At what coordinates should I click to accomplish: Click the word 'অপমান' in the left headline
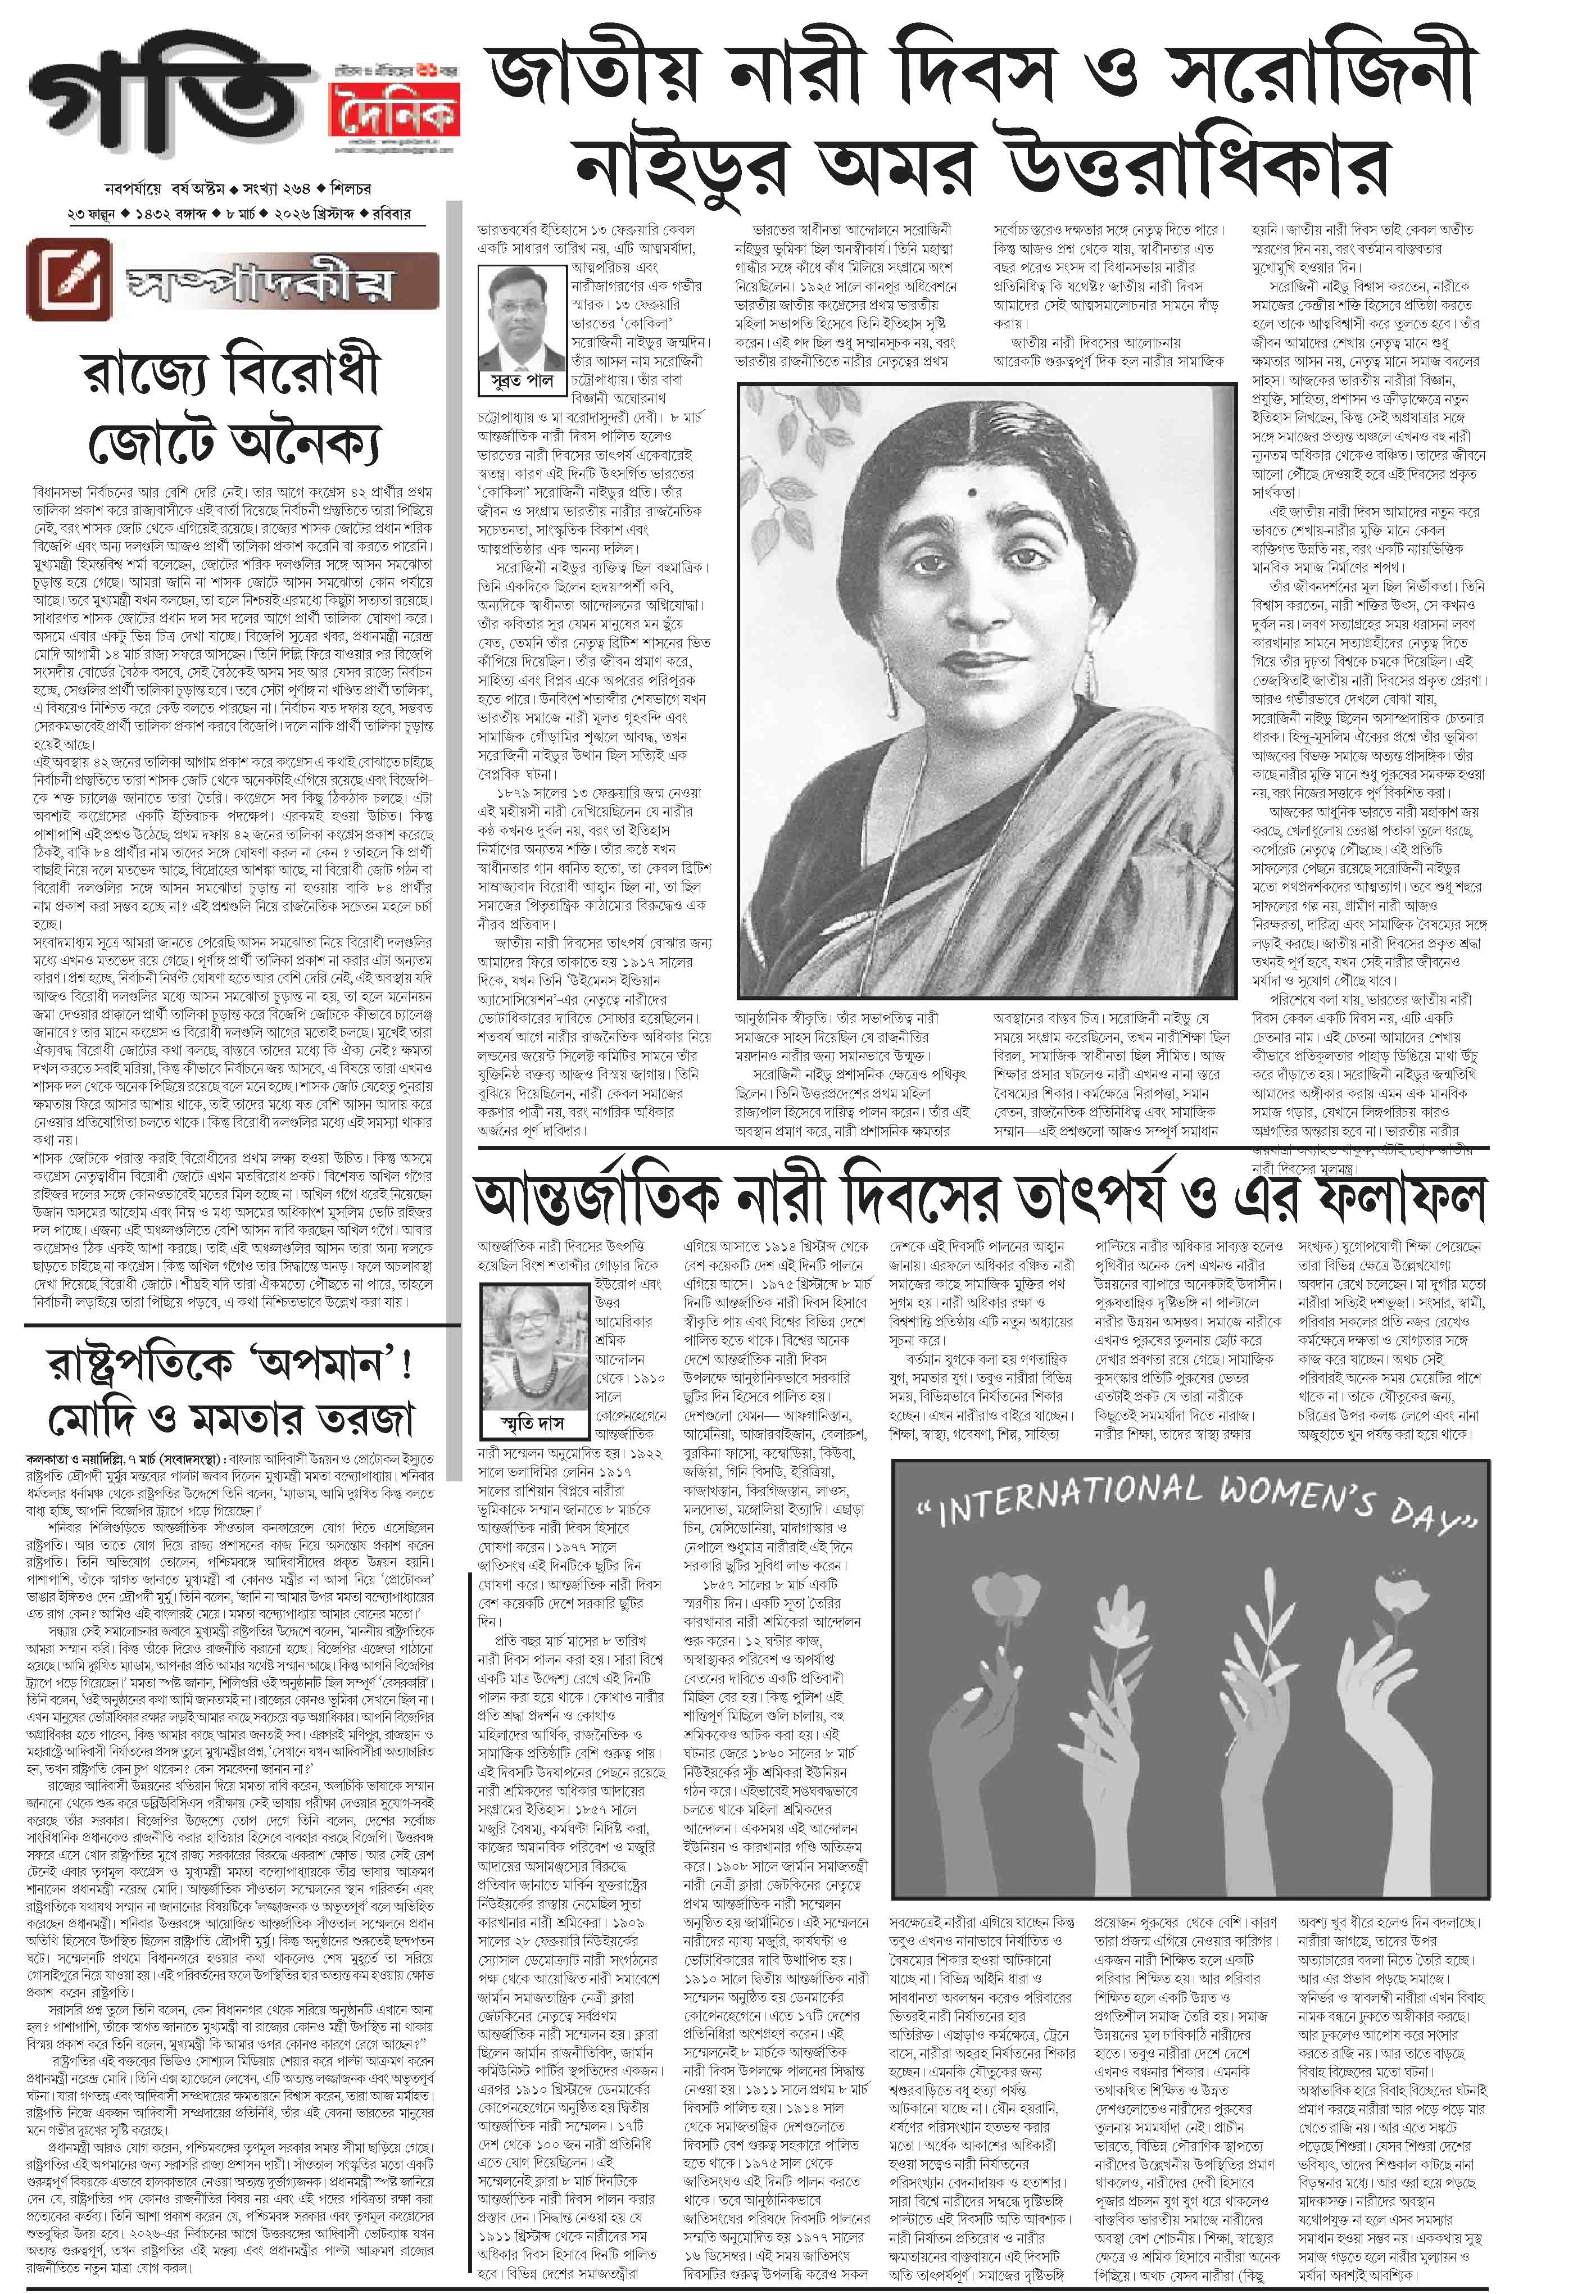(x=316, y=1364)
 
